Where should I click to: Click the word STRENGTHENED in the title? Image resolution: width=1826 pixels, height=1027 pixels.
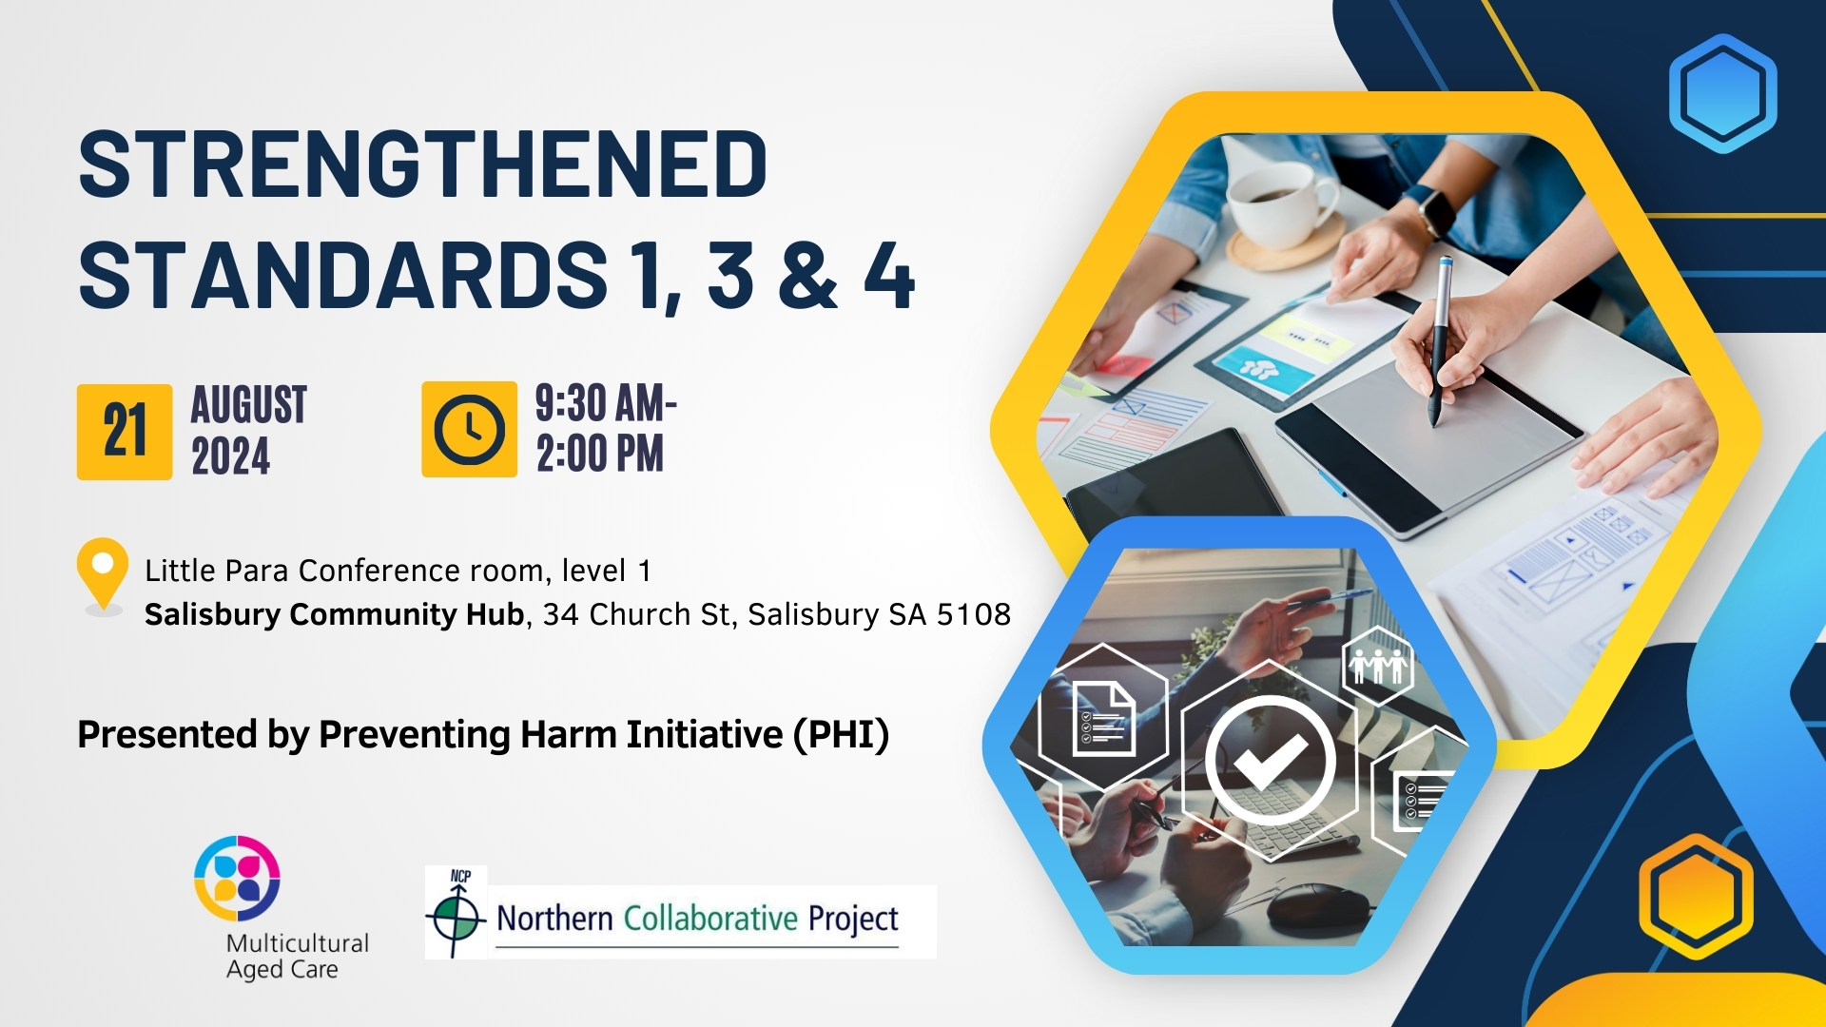[x=422, y=164]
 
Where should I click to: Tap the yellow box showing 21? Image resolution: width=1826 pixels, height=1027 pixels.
[x=125, y=432]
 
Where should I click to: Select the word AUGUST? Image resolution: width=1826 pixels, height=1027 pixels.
[x=249, y=405]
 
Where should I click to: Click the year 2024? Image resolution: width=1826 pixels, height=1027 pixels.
[x=231, y=455]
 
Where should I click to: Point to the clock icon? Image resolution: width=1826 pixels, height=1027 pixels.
[x=469, y=430]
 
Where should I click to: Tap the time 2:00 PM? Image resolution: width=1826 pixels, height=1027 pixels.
[x=600, y=454]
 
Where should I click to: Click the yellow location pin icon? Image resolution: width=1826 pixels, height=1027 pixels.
[x=103, y=573]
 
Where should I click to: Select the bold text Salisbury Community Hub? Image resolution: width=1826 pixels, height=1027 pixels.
[x=334, y=614]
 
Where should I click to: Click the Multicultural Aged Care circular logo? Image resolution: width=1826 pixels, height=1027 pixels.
[x=237, y=879]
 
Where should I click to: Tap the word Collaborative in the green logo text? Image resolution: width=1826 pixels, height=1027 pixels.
[x=710, y=919]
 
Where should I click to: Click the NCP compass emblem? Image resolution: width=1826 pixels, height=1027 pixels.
[x=456, y=913]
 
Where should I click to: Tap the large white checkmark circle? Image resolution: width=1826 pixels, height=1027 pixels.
[x=1270, y=761]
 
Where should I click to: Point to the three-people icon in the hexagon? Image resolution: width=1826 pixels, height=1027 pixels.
[x=1378, y=665]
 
